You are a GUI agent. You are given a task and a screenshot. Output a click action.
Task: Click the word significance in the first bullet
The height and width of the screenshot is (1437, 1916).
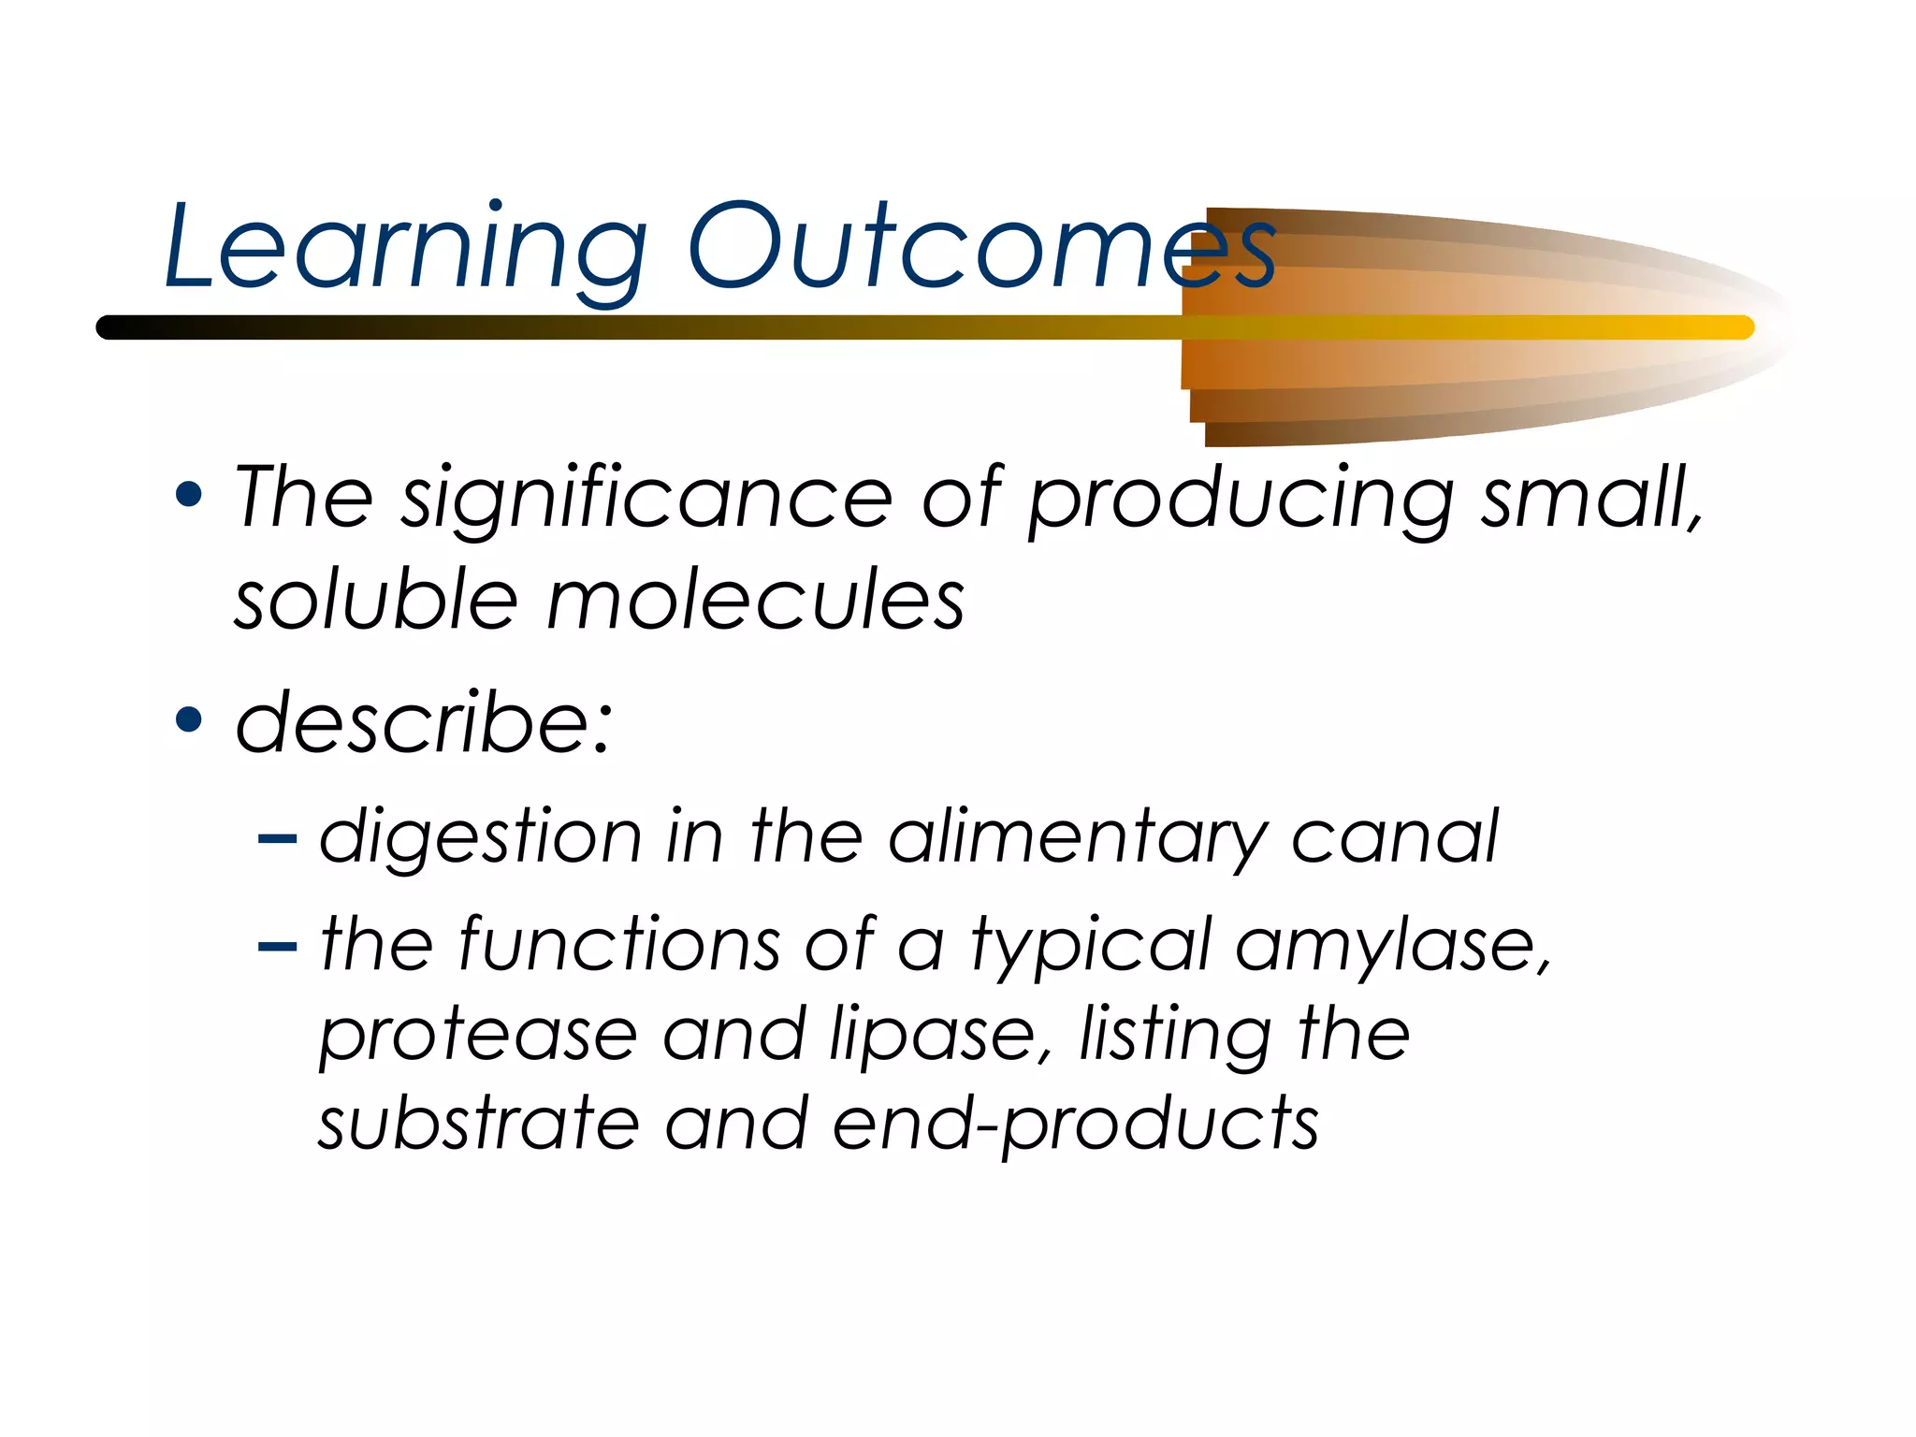tap(646, 500)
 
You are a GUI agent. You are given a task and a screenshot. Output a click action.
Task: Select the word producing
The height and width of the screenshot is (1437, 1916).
tap(1241, 501)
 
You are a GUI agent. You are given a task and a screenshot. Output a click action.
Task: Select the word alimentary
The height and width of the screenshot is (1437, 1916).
tap(1077, 838)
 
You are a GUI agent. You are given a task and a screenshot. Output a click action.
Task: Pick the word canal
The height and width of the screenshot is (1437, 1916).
tap(1394, 836)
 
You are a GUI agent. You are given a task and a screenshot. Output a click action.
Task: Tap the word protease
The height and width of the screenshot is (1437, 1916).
tap(478, 1036)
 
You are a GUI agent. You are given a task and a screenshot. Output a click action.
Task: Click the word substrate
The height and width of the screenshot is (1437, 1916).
tap(478, 1124)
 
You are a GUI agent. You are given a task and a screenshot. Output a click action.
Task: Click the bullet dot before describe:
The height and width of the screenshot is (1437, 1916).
tap(189, 720)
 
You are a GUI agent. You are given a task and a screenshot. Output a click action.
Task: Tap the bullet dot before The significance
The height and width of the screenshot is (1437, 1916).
tap(189, 495)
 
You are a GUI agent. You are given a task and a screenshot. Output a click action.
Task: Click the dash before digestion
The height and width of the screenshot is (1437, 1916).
tap(277, 839)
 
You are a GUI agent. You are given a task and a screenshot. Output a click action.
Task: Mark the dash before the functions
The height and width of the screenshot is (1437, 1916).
tap(277, 948)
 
